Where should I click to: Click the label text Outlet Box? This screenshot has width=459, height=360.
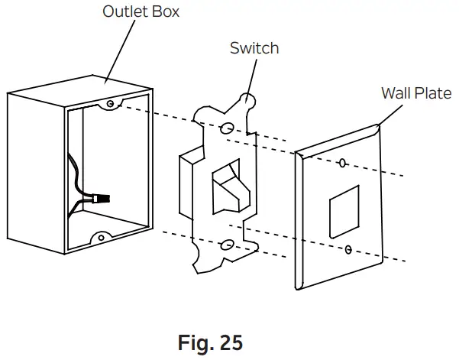tap(141, 13)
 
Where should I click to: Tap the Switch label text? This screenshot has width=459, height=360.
tap(254, 48)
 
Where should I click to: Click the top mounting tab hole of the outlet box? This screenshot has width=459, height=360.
tap(112, 102)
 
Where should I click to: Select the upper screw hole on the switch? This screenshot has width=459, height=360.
tap(228, 127)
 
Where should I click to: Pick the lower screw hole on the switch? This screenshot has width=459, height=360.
tap(227, 244)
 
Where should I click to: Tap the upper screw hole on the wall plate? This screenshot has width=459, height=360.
tap(343, 163)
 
